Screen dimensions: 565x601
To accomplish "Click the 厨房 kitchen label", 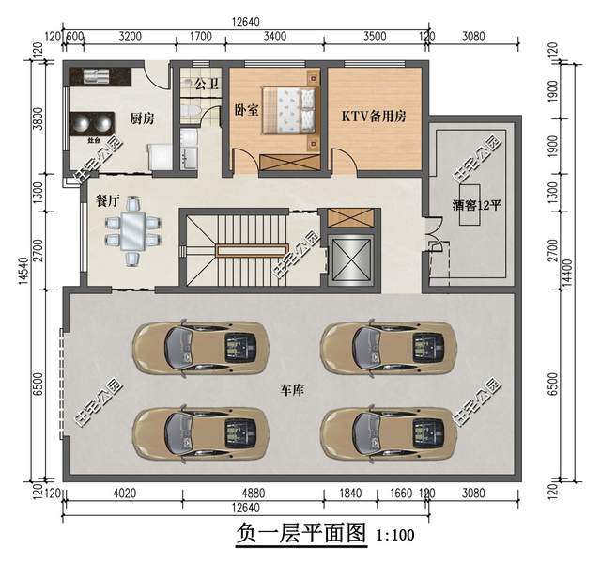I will [x=142, y=118].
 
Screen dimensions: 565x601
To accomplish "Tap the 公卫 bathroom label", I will [x=206, y=84].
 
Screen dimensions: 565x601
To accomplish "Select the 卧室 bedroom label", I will [x=246, y=109].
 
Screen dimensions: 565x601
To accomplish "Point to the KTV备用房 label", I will [x=374, y=118].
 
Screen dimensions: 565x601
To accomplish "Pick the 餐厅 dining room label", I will [x=107, y=199].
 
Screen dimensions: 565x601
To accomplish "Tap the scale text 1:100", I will [x=394, y=537].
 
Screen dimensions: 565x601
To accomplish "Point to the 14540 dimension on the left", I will [x=23, y=282].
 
